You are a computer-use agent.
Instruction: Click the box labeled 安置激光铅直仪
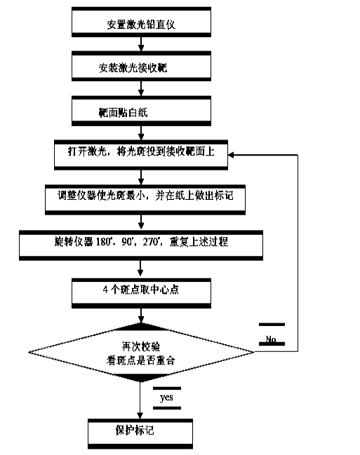tap(141, 22)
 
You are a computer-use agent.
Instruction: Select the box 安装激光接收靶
tap(141, 67)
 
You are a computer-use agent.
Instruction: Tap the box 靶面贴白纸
tap(141, 111)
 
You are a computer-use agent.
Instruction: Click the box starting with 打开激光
tap(141, 155)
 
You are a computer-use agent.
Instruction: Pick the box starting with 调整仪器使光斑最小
tap(145, 200)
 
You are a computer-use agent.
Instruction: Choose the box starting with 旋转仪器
tap(141, 245)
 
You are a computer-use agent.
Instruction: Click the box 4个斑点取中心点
tap(141, 293)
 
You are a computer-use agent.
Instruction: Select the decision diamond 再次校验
tap(141, 352)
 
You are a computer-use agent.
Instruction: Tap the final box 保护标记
tap(140, 434)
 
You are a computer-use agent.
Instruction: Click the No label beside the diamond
tap(271, 339)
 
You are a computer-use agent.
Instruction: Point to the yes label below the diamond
tap(166, 398)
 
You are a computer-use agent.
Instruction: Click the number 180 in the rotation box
tap(103, 241)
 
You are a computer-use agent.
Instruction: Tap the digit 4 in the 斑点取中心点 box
tap(105, 290)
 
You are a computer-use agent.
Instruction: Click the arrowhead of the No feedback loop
tap(232, 155)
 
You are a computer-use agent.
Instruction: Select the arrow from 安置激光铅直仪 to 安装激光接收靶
tap(141, 44)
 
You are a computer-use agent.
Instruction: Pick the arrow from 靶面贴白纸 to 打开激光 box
tap(141, 133)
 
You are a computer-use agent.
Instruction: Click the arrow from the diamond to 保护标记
tap(140, 400)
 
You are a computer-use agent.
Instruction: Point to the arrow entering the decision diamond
tap(141, 315)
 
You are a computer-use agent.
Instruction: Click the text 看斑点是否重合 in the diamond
tap(140, 360)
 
